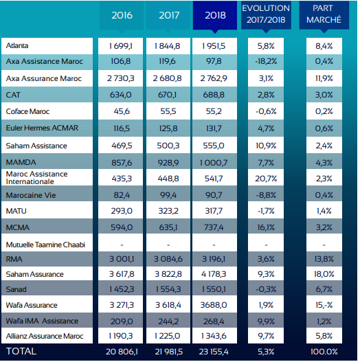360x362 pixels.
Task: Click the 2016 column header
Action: [x=122, y=15]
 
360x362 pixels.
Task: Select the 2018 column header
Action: [x=214, y=15]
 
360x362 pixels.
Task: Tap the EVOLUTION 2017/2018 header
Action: [x=266, y=14]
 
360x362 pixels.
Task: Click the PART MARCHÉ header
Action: [x=324, y=14]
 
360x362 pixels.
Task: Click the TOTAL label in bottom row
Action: [x=21, y=350]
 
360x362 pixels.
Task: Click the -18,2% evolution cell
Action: [x=266, y=62]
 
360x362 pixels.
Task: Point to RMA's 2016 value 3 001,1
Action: [x=122, y=260]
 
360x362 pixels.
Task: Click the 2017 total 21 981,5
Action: [x=168, y=351]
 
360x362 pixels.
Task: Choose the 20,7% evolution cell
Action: [x=266, y=177]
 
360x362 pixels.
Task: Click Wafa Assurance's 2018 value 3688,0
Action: [x=214, y=305]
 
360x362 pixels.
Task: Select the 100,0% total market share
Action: [x=324, y=351]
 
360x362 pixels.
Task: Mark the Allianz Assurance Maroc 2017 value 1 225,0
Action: [x=168, y=336]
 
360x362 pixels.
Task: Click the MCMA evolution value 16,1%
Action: [x=266, y=227]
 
